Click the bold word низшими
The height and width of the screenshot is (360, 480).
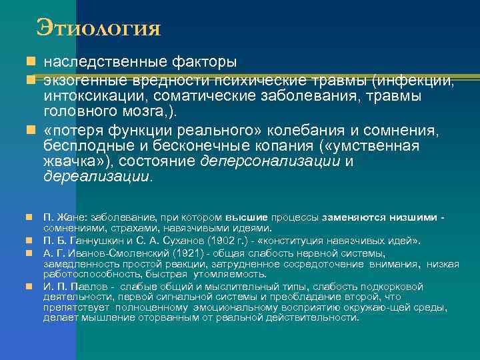(x=415, y=217)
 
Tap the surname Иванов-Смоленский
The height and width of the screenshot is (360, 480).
(x=114, y=253)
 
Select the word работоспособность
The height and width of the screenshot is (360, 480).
(x=83, y=274)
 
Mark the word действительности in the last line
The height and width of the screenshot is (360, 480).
(x=311, y=318)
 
